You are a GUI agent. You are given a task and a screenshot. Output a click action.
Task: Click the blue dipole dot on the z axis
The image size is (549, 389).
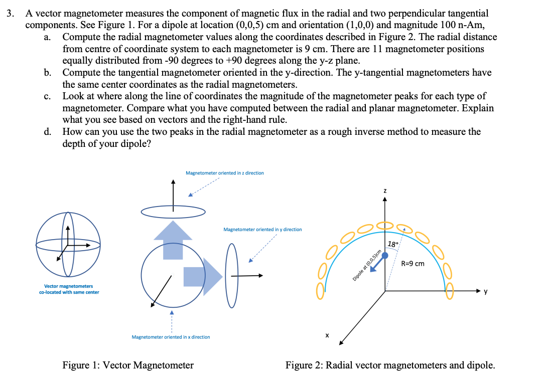click(x=385, y=255)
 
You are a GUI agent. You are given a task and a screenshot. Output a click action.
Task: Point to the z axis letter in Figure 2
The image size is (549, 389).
click(x=385, y=190)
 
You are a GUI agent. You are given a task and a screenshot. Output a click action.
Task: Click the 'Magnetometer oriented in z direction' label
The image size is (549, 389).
click(x=224, y=173)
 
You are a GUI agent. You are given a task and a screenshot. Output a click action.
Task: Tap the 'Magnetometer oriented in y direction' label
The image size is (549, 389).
click(x=262, y=230)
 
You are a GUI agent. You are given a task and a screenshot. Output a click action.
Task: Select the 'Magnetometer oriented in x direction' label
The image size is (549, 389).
click(x=171, y=337)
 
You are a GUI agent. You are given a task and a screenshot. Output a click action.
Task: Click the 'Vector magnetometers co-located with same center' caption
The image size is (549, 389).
click(x=69, y=289)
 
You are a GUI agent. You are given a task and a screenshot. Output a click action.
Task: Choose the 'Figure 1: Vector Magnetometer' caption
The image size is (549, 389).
click(x=127, y=365)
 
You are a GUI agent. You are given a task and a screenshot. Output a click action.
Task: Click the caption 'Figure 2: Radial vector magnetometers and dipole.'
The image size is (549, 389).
click(x=390, y=365)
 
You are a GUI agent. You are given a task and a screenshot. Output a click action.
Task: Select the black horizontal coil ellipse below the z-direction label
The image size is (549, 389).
click(x=173, y=213)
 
